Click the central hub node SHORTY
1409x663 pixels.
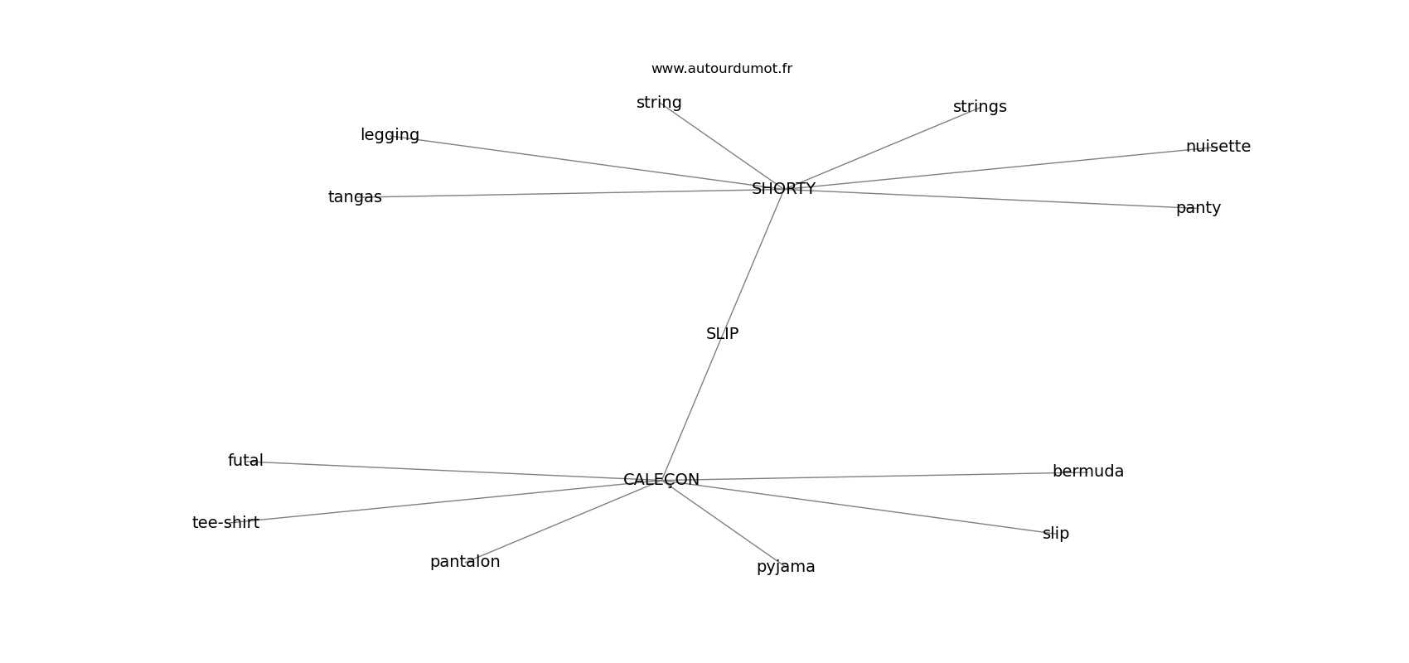click(x=783, y=189)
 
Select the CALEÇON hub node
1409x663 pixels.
click(x=661, y=480)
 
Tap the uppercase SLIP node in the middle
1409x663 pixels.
click(x=722, y=334)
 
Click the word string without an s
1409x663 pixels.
click(x=659, y=103)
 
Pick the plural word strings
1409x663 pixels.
click(x=980, y=107)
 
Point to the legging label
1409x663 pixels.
click(x=390, y=135)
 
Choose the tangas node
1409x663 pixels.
click(x=355, y=197)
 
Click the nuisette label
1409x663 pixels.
click(x=1218, y=147)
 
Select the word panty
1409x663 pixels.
click(x=1198, y=208)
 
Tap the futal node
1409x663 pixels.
click(x=245, y=461)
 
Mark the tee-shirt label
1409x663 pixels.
click(x=225, y=523)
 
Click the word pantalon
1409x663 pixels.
click(x=465, y=562)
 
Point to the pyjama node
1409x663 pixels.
click(x=786, y=567)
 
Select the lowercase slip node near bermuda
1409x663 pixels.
click(x=1055, y=534)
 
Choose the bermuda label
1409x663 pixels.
click(x=1087, y=472)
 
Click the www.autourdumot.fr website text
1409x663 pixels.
click(x=721, y=69)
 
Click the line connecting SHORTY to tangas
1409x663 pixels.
click(x=564, y=194)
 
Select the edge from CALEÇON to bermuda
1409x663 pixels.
click(x=870, y=477)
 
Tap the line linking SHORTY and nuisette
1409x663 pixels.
click(x=995, y=168)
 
